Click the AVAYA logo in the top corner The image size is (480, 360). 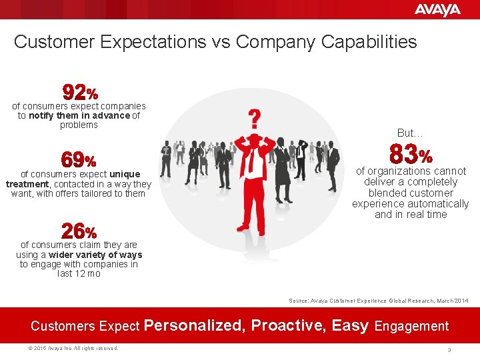pyautogui.click(x=437, y=9)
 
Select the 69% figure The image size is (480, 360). pyautogui.click(x=79, y=160)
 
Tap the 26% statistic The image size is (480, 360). pyautogui.click(x=79, y=232)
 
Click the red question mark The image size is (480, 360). pyautogui.click(x=254, y=119)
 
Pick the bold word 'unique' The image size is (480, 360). pyautogui.click(x=125, y=174)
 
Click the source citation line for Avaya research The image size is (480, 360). pyautogui.click(x=378, y=301)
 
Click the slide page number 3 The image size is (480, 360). pyautogui.click(x=450, y=349)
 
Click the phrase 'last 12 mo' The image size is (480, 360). pyautogui.click(x=79, y=273)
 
